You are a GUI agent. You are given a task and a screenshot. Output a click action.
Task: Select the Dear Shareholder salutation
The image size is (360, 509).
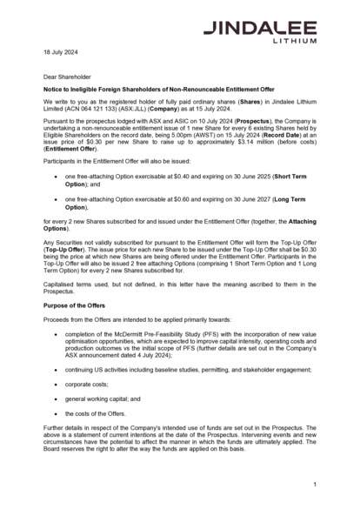[67, 77]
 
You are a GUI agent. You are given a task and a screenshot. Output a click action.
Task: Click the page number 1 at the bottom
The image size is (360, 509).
[314, 483]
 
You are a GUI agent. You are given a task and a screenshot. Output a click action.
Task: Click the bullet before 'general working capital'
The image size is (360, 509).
[57, 398]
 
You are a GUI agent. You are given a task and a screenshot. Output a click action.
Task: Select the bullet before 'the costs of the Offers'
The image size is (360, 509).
[57, 413]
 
